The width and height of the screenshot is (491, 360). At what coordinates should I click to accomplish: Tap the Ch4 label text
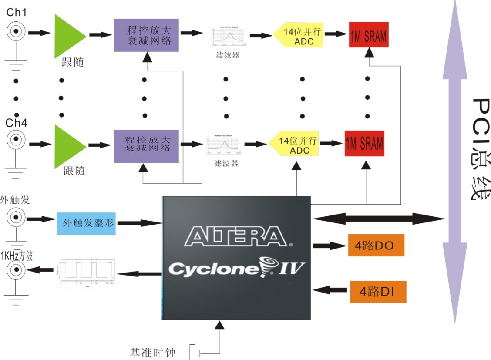17,123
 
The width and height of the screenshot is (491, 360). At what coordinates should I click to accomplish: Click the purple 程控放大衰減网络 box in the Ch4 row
146,146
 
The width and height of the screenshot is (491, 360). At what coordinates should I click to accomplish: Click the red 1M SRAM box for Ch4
365,144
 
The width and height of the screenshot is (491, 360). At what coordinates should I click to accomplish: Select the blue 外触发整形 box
87,224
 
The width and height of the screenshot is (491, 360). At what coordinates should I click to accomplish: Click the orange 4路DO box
376,246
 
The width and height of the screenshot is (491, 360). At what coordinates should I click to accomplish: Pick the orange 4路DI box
378,292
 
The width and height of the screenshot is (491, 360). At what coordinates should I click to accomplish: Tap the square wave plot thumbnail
87,274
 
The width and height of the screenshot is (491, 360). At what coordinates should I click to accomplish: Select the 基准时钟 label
152,352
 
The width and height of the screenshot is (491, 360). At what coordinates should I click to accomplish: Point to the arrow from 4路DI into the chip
331,289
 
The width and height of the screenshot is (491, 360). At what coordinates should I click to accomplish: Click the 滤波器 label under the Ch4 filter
226,164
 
